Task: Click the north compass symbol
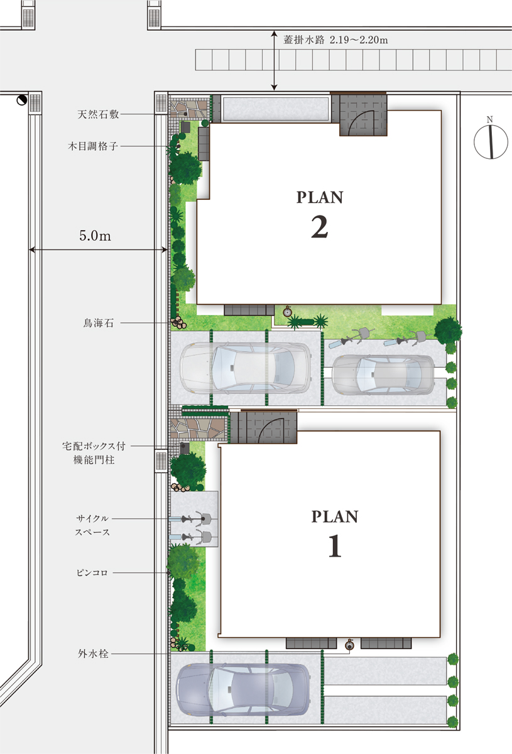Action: pyautogui.click(x=491, y=141)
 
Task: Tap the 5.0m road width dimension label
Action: pyautogui.click(x=95, y=236)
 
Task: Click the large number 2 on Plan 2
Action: pyautogui.click(x=320, y=227)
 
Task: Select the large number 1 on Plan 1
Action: pyautogui.click(x=335, y=546)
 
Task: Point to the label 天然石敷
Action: pyautogui.click(x=98, y=114)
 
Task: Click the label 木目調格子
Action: pyautogui.click(x=93, y=146)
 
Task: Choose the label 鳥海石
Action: pyautogui.click(x=98, y=323)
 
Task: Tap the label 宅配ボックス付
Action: pyautogui.click(x=94, y=446)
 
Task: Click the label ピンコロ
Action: pyautogui.click(x=92, y=572)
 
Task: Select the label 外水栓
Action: pyautogui.click(x=93, y=653)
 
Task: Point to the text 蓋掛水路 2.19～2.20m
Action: pyautogui.click(x=335, y=40)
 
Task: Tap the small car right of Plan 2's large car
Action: pyautogui.click(x=383, y=375)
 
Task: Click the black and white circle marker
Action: pyautogui.click(x=21, y=101)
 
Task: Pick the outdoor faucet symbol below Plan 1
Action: pyautogui.click(x=350, y=644)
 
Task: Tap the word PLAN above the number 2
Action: pyautogui.click(x=320, y=197)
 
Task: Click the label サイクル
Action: pyautogui.click(x=92, y=519)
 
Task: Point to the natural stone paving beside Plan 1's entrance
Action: pyautogui.click(x=198, y=430)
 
